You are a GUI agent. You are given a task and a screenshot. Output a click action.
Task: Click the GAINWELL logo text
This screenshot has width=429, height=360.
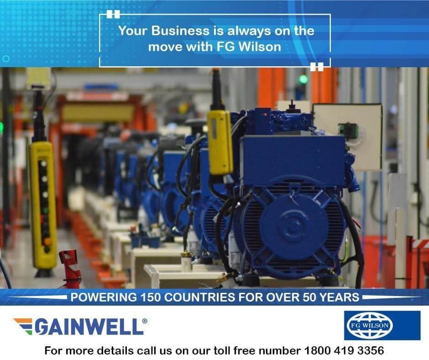pyautogui.click(x=89, y=327)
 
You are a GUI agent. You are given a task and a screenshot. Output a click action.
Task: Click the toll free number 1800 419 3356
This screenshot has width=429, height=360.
pyautogui.click(x=344, y=351)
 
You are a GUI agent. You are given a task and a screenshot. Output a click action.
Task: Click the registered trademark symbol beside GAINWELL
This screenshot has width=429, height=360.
pyautogui.click(x=145, y=321)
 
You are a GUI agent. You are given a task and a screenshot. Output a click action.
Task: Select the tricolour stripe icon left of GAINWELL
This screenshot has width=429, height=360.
pyautogui.click(x=24, y=325)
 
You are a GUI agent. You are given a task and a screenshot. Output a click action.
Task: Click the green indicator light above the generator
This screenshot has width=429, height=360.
pyautogui.click(x=303, y=79)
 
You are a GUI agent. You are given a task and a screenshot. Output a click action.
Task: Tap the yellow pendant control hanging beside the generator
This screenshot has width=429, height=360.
pyautogui.click(x=220, y=143)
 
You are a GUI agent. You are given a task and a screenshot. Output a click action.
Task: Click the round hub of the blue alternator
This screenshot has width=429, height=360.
pyautogui.click(x=293, y=226)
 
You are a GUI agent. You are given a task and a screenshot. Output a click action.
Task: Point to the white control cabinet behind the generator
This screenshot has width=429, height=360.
pyautogui.click(x=347, y=137)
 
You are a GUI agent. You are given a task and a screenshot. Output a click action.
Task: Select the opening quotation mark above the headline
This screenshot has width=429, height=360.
pyautogui.click(x=113, y=14)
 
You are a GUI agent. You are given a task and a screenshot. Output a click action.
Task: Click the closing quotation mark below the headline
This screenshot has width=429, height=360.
pyautogui.click(x=317, y=67)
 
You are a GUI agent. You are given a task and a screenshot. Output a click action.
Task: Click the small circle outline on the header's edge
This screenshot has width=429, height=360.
pyautogui.click(x=6, y=58)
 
